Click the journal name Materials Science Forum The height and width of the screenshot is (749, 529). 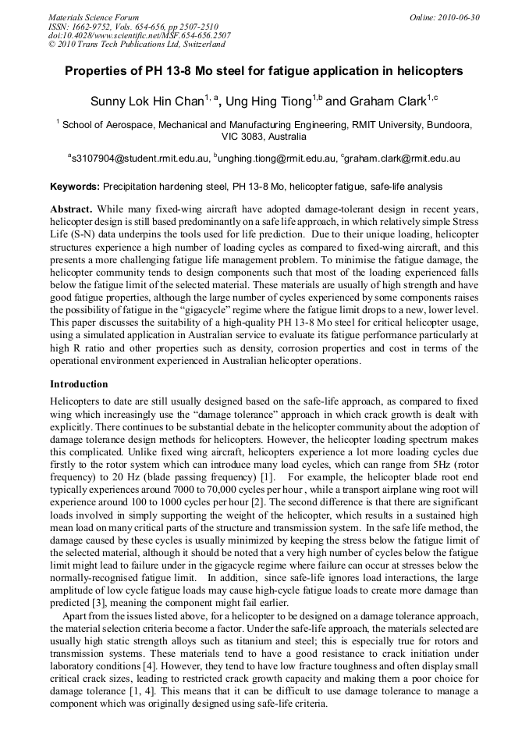point(94,16)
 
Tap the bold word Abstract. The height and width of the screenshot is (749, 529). point(71,210)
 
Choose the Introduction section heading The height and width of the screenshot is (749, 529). point(79,384)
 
